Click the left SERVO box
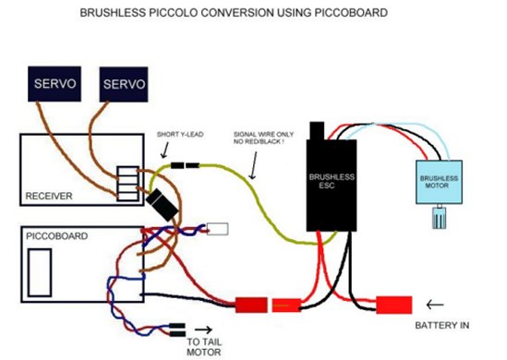click(x=54, y=84)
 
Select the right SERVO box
click(x=124, y=84)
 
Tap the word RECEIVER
click(x=49, y=196)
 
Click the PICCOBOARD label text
click(x=57, y=236)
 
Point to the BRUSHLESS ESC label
click(x=332, y=181)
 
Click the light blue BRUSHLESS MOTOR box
click(x=439, y=182)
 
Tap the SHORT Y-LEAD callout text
click(x=180, y=134)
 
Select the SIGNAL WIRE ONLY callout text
click(x=263, y=138)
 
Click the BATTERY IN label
click(x=442, y=325)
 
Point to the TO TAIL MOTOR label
click(x=204, y=347)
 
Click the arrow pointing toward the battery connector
click(x=435, y=305)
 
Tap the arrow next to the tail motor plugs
click(x=204, y=330)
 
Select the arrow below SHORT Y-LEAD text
click(x=165, y=150)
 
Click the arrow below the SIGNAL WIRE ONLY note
click(x=254, y=165)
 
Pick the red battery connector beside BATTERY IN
click(x=394, y=305)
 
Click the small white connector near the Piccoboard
click(x=217, y=229)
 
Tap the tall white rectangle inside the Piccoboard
click(x=40, y=272)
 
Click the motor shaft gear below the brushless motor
click(x=439, y=217)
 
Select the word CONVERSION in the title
click(x=236, y=13)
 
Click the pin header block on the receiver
click(x=128, y=184)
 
